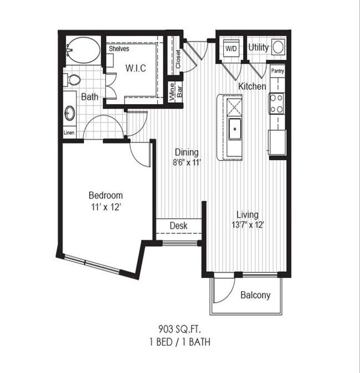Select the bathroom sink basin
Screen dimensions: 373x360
[x=70, y=114]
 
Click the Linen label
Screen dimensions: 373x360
[x=69, y=133]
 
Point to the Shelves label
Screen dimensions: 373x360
[x=119, y=49]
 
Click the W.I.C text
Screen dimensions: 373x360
[x=136, y=69]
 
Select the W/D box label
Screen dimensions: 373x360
[x=230, y=48]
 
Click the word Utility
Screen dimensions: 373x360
[x=259, y=48]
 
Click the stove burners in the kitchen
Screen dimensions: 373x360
[x=276, y=103]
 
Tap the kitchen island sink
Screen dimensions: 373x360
[x=235, y=131]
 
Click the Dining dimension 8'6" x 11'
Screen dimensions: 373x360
[x=187, y=162]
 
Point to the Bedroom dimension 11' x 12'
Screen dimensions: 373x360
[x=105, y=207]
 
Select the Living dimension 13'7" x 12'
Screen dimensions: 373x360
[x=247, y=225]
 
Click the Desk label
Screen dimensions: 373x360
[x=178, y=226]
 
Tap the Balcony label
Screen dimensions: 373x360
[x=255, y=295]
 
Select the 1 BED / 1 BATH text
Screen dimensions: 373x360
[x=179, y=342]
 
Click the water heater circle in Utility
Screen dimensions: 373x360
[x=279, y=47]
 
